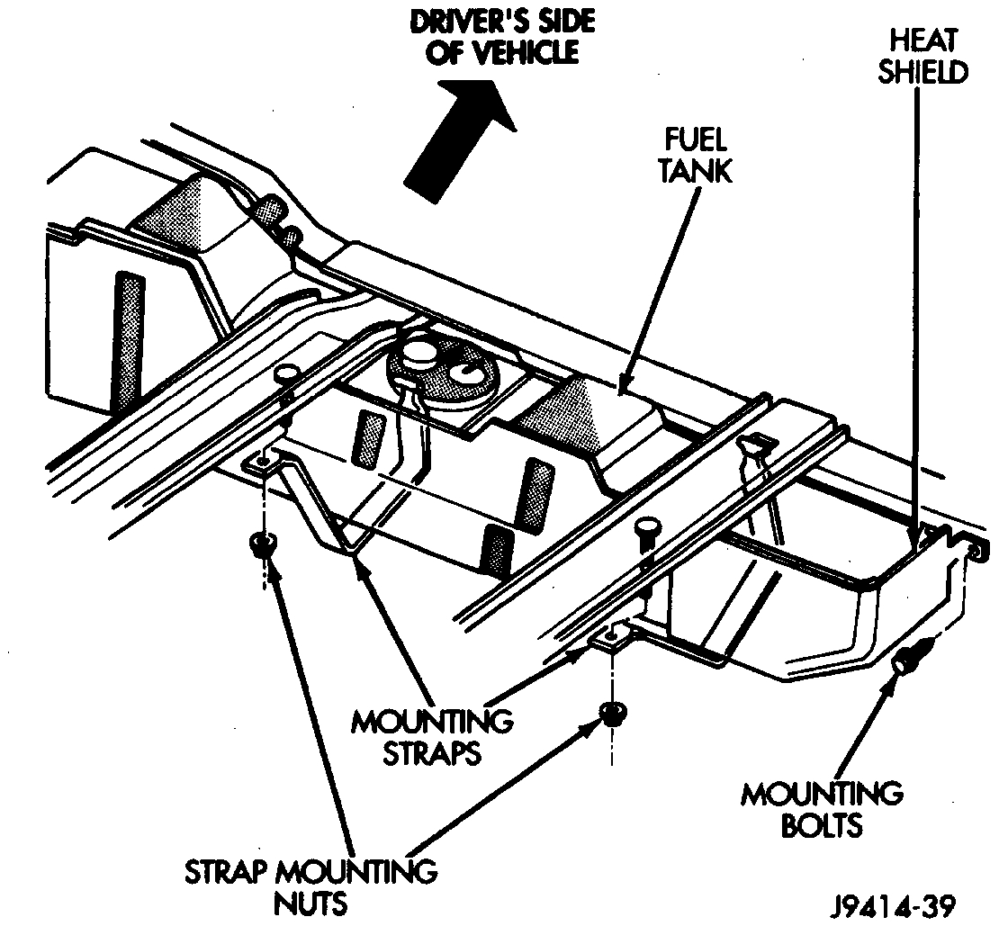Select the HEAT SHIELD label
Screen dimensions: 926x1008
click(x=922, y=56)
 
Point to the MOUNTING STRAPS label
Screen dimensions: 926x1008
click(x=433, y=736)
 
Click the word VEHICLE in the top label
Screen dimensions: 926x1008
click(x=531, y=52)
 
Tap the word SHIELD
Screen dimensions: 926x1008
click(x=922, y=72)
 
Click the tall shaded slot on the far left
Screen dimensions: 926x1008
click(x=129, y=342)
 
